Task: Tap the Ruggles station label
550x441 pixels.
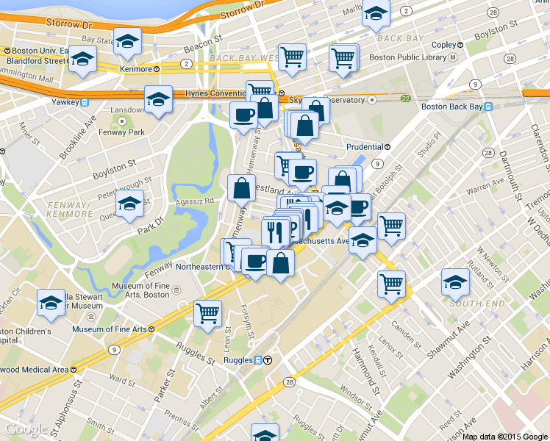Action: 238,360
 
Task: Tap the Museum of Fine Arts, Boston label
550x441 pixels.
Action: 140,290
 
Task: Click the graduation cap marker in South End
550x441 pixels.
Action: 455,281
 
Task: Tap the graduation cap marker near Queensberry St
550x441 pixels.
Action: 130,204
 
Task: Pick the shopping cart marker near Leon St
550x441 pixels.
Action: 208,312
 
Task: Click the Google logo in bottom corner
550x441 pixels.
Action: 27,430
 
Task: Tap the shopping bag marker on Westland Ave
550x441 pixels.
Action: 242,188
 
